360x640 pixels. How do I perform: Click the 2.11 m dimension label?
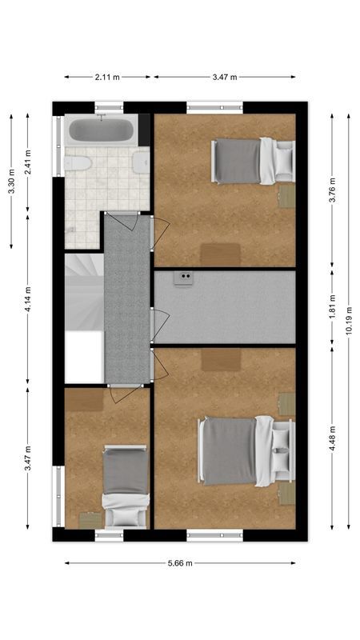107,78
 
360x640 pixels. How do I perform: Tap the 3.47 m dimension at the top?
224,78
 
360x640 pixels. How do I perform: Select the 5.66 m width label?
180,563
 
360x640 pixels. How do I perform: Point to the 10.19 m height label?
349,321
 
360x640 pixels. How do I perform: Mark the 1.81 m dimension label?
332,307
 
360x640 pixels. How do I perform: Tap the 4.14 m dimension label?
28,299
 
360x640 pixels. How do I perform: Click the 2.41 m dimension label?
28,163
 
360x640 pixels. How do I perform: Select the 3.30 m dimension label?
11,182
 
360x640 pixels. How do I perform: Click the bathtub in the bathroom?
102,130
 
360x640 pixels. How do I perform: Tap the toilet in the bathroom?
78,163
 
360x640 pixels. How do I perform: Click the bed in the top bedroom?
252,161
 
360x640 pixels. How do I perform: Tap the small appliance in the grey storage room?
185,277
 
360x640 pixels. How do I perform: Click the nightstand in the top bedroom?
286,197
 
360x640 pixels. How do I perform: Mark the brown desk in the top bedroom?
220,254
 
